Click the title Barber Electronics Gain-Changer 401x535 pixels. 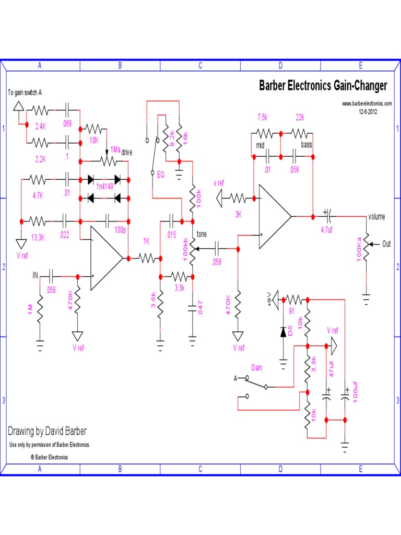[323, 86]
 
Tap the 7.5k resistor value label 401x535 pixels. [263, 117]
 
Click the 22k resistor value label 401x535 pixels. [299, 117]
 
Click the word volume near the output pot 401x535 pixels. [376, 217]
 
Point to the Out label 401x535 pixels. [386, 244]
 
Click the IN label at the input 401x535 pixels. [36, 274]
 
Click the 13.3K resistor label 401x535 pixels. [37, 237]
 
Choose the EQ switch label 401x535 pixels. [160, 175]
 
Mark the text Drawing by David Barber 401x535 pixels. [47, 431]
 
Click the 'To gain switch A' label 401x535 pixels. [25, 92]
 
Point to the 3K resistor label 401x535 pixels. [238, 214]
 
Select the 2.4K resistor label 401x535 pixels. [41, 126]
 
